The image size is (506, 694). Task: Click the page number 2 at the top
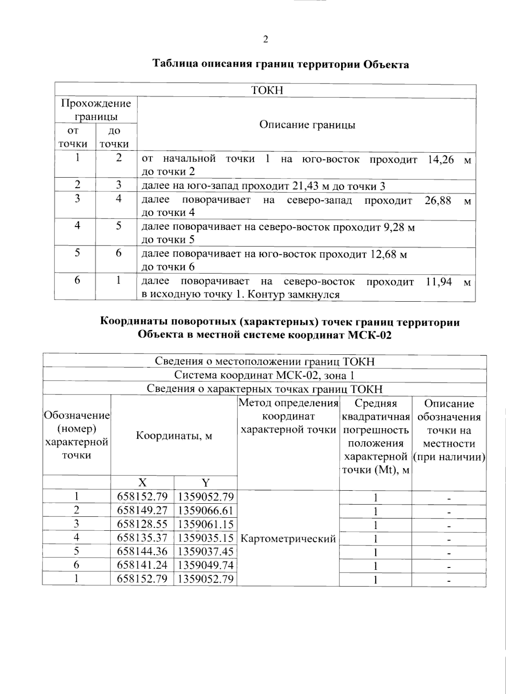(x=266, y=40)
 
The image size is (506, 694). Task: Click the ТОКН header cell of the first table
(x=266, y=91)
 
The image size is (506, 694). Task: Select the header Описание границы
(x=307, y=125)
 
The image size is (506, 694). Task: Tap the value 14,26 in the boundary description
(x=441, y=160)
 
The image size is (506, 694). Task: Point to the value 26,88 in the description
(x=437, y=200)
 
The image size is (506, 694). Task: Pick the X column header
(x=142, y=483)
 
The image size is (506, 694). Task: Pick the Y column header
(x=205, y=483)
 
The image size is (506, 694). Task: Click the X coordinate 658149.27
(x=142, y=510)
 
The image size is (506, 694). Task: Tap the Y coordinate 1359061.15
(x=205, y=524)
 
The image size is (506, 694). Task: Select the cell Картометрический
(x=288, y=538)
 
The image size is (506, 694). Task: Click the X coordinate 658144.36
(x=142, y=551)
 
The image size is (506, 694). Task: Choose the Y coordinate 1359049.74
(x=205, y=565)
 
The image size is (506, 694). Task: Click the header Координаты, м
(x=174, y=435)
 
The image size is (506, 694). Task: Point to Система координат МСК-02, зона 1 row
(x=264, y=375)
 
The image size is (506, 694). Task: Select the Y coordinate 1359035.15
(x=205, y=538)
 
